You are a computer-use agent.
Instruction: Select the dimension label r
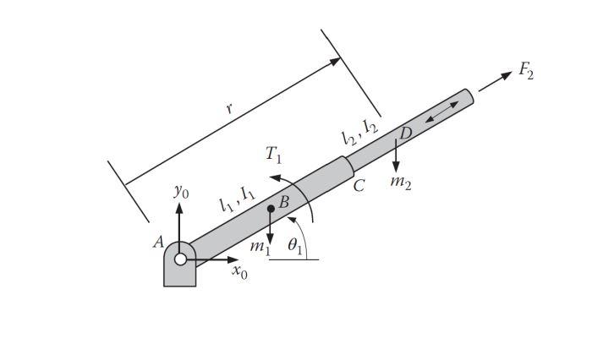[228, 109]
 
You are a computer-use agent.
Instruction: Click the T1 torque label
[273, 154]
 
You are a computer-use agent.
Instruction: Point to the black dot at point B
[271, 208]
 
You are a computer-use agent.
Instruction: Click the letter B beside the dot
[284, 202]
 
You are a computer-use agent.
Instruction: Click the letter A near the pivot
[158, 242]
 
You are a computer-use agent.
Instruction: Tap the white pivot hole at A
[180, 259]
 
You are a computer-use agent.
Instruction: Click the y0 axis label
[181, 192]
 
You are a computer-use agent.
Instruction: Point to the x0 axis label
[240, 273]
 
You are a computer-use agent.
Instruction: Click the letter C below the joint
[359, 186]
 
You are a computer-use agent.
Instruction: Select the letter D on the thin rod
[405, 133]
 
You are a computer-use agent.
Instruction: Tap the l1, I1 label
[237, 199]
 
